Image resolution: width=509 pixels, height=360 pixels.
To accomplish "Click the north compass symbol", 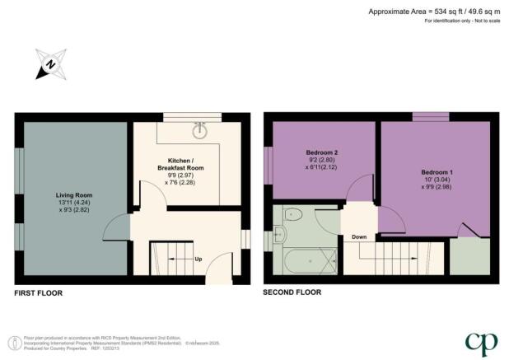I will pos(49,64).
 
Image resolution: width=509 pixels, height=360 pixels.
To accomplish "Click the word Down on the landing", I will pos(358,236).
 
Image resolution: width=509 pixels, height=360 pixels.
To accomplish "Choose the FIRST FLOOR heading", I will pos(39,292).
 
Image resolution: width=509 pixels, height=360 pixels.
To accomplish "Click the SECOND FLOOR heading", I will pos(292,292).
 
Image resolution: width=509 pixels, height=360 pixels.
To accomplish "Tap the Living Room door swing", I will pos(117,227).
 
